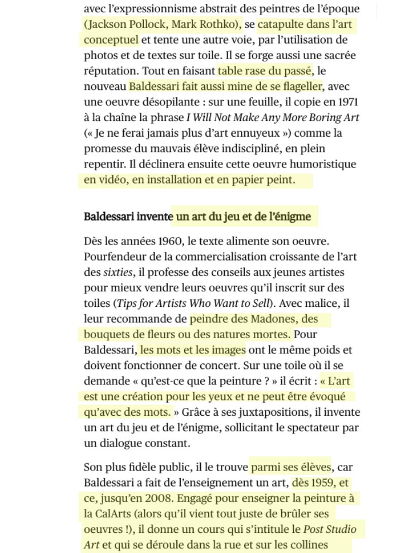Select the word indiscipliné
pyautogui.click(x=242, y=149)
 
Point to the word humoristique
pyautogui.click(x=324, y=165)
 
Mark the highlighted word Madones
pyautogui.click(x=268, y=320)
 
